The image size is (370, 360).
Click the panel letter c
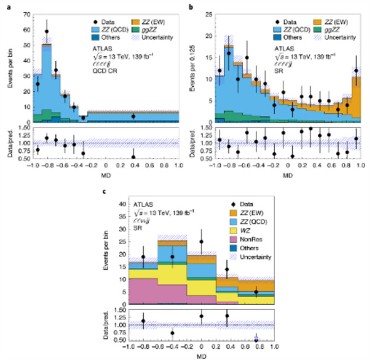click(x=102, y=189)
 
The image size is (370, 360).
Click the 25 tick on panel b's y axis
click(x=210, y=13)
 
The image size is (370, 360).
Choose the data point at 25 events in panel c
click(x=201, y=242)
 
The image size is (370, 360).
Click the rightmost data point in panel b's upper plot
click(x=356, y=70)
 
